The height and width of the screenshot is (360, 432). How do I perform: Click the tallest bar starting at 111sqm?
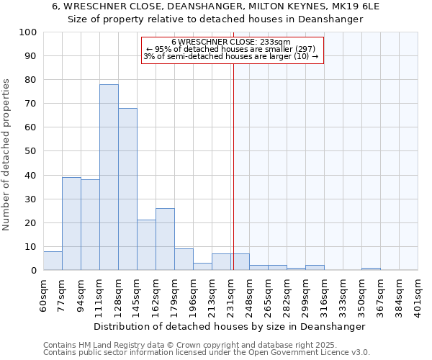(x=109, y=177)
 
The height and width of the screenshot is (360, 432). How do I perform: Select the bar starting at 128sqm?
(x=127, y=189)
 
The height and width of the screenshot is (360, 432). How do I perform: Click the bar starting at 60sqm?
(x=53, y=261)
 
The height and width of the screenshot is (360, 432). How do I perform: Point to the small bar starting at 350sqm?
(x=371, y=269)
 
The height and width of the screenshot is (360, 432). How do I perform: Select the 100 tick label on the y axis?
(x=28, y=32)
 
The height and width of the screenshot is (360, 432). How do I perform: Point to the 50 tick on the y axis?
(x=31, y=151)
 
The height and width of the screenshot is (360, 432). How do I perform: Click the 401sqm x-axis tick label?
(x=418, y=293)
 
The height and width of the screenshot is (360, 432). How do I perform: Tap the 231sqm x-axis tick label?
(x=231, y=293)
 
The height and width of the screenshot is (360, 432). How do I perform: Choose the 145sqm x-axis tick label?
(x=138, y=293)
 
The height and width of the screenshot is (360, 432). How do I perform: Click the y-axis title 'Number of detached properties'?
(x=7, y=155)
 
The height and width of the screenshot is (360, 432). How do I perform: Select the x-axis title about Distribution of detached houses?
(x=230, y=326)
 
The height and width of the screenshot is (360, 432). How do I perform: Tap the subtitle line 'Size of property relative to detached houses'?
(x=215, y=19)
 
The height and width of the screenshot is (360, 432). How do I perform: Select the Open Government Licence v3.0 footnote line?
(x=207, y=352)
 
